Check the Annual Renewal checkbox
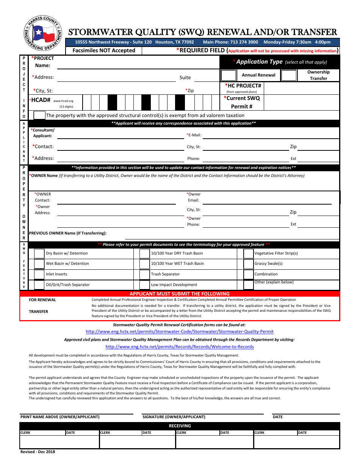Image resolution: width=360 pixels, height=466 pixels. point(228,75)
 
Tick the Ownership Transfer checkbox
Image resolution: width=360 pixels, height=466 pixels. point(289,75)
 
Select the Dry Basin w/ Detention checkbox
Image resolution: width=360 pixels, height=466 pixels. point(39,253)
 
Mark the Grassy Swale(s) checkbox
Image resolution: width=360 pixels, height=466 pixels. point(248,264)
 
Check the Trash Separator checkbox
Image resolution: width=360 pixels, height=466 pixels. point(144,274)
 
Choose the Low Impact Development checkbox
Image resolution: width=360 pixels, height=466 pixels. point(144,285)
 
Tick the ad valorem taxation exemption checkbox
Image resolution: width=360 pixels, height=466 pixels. point(39,115)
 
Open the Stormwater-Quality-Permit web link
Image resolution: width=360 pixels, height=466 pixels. point(180,332)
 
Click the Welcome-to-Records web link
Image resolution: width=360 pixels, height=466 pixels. point(180,347)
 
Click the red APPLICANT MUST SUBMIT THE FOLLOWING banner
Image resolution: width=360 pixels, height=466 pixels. point(180,294)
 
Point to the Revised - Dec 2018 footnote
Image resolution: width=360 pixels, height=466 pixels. point(38,452)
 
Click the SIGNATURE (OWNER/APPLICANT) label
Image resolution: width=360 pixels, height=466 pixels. point(174,417)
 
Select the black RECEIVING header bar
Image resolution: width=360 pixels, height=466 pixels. point(180,426)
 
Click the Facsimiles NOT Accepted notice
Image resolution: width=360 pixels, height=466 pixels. point(104,50)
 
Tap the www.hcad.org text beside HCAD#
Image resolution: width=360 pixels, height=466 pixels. point(63,101)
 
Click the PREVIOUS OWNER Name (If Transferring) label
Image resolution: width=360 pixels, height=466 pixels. point(68,233)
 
